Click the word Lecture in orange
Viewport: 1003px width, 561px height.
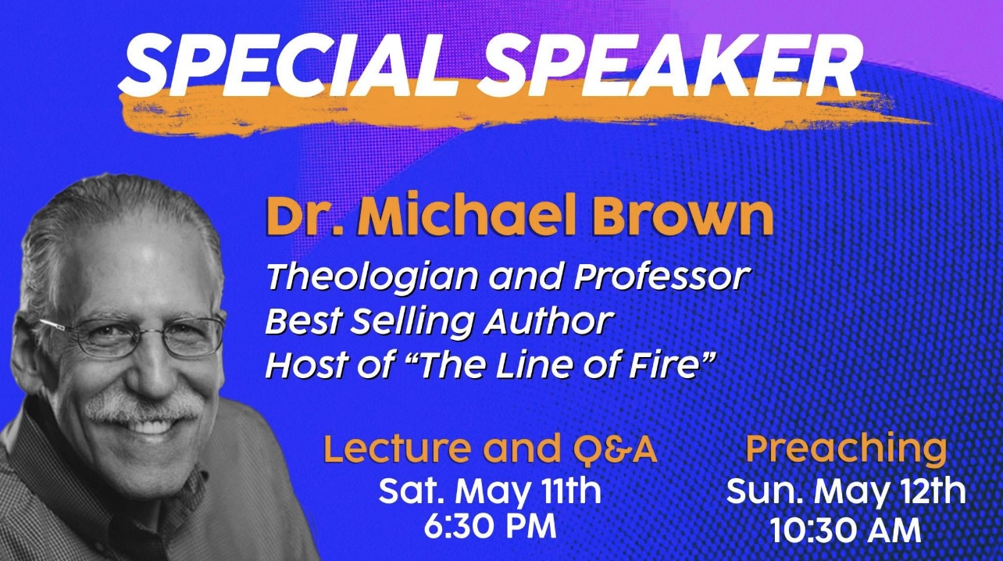(398, 449)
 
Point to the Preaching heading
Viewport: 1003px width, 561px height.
(846, 450)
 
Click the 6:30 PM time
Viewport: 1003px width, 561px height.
(490, 527)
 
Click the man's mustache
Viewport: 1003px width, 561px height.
(142, 406)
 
